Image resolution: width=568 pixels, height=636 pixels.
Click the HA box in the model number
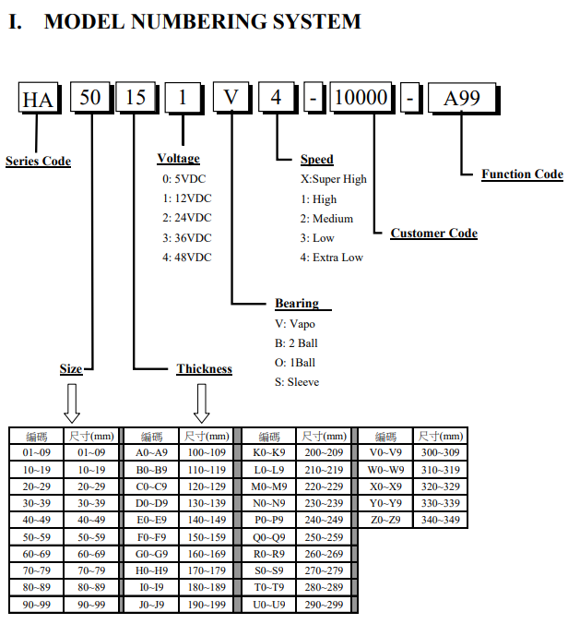click(38, 97)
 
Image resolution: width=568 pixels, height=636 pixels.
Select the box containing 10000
click(361, 97)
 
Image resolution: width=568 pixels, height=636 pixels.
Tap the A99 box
click(462, 97)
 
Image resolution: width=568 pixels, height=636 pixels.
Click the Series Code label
click(38, 161)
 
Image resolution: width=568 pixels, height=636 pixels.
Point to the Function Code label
click(522, 174)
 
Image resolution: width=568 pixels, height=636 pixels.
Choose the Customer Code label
click(434, 234)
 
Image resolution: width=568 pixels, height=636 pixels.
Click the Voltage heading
click(178, 158)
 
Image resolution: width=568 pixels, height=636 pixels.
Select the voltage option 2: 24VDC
click(187, 218)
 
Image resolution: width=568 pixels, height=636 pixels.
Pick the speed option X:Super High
click(334, 179)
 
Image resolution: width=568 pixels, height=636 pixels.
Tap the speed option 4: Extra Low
click(332, 258)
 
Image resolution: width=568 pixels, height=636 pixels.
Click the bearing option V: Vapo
click(295, 324)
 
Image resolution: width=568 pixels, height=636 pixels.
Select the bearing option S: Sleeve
click(297, 382)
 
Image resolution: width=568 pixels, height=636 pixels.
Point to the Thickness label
click(204, 368)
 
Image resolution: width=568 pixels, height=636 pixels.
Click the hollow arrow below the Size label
click(72, 403)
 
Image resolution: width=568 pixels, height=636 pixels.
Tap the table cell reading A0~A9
click(151, 452)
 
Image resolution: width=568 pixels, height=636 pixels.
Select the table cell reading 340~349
click(441, 520)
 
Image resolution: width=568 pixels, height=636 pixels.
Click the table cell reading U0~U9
click(269, 605)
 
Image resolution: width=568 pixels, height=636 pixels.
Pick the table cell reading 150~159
click(207, 537)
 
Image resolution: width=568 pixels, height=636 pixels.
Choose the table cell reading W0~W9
click(385, 470)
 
